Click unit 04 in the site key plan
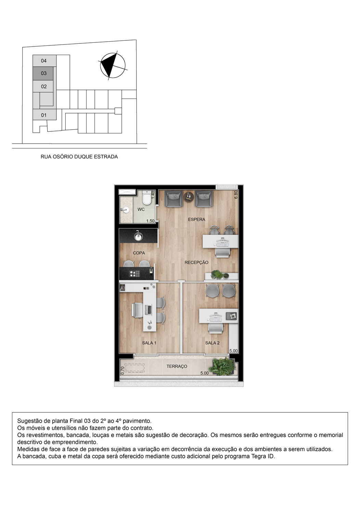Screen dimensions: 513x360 coord(44,61)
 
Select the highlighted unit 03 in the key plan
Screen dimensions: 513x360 coord(44,73)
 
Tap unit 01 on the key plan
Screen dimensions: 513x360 coord(44,115)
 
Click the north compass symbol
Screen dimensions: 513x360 coord(113,65)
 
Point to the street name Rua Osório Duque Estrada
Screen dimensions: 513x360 coord(79,157)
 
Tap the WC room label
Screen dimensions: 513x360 coord(141,209)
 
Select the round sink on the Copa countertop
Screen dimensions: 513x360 coord(138,236)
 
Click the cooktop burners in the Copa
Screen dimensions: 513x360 coord(134,274)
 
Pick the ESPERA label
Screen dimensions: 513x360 coord(196,219)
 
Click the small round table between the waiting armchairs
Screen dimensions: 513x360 coord(189,196)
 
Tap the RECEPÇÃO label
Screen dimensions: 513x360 coord(196,262)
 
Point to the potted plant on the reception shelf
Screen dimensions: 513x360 coord(217,274)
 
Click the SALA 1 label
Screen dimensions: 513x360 coord(149,343)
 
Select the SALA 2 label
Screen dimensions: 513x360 coord(212,343)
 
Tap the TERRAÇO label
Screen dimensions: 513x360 coord(177,366)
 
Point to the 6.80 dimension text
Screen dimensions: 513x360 coord(236,195)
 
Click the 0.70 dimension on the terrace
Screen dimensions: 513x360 coord(123,370)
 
